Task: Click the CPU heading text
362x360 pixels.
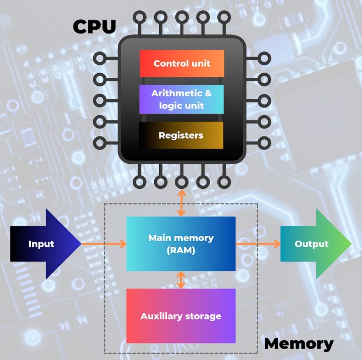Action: (94, 26)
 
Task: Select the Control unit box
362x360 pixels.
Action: (181, 63)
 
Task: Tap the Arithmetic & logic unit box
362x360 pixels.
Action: (181, 99)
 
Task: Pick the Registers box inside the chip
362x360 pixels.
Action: (181, 135)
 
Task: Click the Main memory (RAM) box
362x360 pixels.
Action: (181, 244)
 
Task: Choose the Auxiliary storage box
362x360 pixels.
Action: (181, 316)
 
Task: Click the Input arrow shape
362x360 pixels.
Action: (45, 244)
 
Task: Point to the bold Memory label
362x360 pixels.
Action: (298, 344)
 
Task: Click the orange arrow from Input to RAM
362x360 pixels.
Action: (104, 244)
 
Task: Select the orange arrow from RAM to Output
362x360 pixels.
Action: (258, 244)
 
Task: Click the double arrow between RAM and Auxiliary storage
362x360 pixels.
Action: (181, 280)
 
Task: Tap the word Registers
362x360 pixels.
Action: (181, 135)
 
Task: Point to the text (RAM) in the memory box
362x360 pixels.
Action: (181, 251)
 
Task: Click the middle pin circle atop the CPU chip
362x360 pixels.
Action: (181, 17)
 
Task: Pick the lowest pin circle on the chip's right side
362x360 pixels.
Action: (264, 142)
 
